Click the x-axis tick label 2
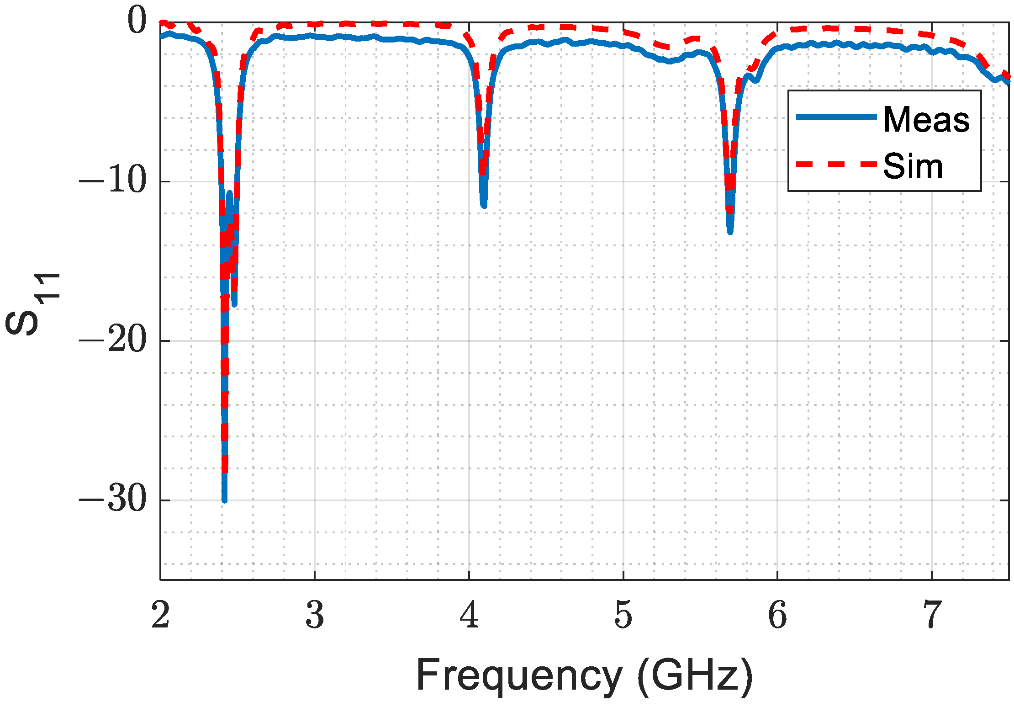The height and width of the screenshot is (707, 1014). tap(160, 615)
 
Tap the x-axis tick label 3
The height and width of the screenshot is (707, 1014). tap(315, 615)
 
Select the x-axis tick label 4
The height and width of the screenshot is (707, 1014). tap(469, 615)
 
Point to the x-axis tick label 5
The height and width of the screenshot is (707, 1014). tap(623, 615)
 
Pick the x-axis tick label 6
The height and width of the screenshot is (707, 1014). tap(777, 615)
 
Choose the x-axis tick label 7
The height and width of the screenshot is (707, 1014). tap(932, 615)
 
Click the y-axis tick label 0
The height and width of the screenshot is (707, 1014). tap(137, 21)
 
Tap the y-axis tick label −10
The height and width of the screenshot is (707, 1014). tap(112, 181)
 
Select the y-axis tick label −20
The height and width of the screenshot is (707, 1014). tap(112, 340)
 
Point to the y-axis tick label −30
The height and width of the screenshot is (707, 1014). tap(112, 500)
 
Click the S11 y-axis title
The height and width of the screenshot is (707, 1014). tap(32, 304)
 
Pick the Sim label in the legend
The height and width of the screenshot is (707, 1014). tap(913, 166)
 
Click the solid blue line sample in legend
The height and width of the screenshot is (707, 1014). tap(836, 117)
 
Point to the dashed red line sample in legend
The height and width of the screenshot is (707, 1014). tap(836, 164)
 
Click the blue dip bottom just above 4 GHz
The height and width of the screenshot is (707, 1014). tap(484, 205)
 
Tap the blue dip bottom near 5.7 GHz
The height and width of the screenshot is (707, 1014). tap(730, 232)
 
